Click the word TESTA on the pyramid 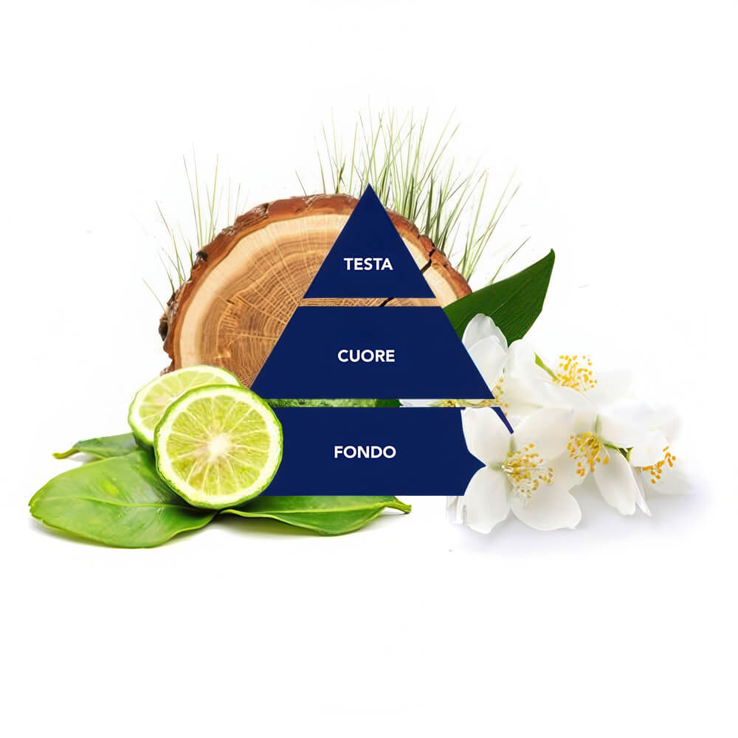point(368,264)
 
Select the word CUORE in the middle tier point(366,356)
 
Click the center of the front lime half point(218,446)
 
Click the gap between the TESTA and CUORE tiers point(367,302)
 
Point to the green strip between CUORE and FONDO point(332,403)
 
